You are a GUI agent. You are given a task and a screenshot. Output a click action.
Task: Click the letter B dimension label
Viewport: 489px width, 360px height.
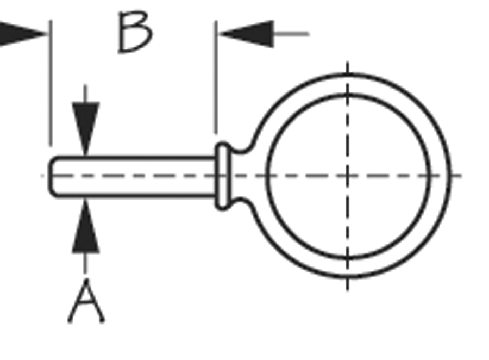tap(135, 32)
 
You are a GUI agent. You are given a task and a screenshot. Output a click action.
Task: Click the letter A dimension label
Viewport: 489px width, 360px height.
tap(86, 301)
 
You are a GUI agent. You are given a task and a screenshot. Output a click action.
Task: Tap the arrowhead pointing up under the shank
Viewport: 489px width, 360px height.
tap(86, 226)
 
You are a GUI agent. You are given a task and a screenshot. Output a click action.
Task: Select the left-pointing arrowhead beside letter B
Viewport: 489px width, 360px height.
tap(246, 34)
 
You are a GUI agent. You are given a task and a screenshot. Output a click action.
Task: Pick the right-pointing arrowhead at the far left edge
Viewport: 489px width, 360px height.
tap(22, 34)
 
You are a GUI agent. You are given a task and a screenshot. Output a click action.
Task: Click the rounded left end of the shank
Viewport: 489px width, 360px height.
tap(52, 176)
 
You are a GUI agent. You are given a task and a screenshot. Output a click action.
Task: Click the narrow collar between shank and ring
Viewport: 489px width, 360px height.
tap(223, 176)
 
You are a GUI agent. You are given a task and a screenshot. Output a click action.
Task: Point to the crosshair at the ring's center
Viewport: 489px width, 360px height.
tap(347, 176)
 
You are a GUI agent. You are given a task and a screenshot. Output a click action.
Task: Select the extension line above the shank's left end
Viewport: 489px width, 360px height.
tap(51, 83)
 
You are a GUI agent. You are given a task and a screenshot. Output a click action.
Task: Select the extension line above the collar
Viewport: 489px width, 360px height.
tap(216, 77)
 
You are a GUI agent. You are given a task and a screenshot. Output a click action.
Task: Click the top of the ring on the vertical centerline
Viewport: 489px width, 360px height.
tap(347, 75)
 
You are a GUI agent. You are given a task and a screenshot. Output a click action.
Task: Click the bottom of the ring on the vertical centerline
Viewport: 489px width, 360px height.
tap(347, 277)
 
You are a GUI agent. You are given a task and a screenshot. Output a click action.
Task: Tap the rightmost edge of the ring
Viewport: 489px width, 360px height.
tap(450, 176)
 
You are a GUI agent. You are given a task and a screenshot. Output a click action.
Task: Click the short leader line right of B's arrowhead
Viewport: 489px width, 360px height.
tap(292, 34)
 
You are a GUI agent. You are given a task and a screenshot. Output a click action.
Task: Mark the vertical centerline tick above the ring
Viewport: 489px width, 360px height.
tap(347, 66)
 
